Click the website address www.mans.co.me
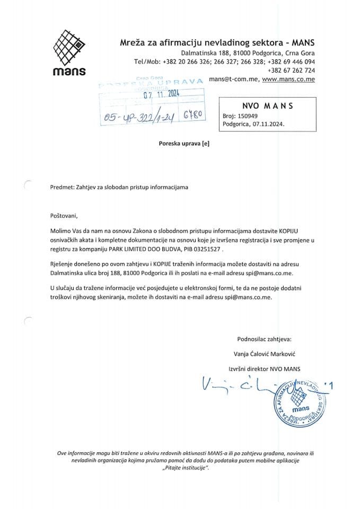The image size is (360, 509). click(x=289, y=79)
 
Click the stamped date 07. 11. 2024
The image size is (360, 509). click(x=162, y=94)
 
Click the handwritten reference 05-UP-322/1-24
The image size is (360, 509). click(x=141, y=116)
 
